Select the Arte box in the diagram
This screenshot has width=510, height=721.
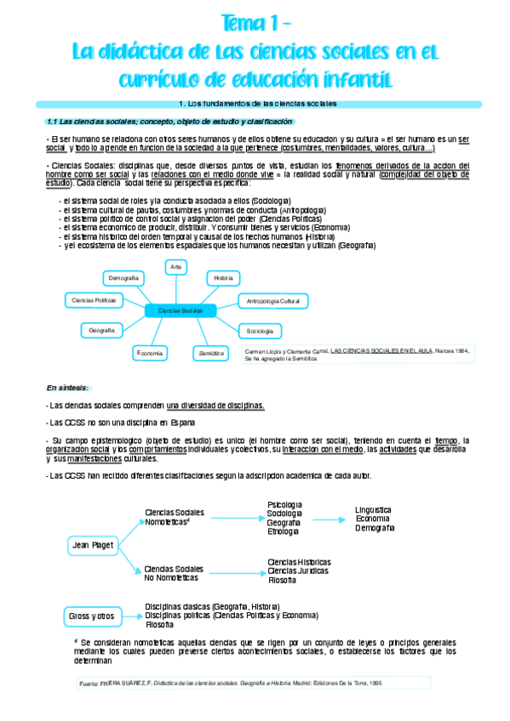[x=175, y=267]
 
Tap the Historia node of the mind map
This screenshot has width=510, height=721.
[x=224, y=278]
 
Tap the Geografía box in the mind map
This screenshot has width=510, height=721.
[x=101, y=330]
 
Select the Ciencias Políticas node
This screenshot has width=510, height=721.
[x=94, y=300]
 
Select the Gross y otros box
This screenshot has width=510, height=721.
[x=91, y=616]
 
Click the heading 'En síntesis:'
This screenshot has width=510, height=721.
[x=68, y=387]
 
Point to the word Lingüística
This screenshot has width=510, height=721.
[x=375, y=510]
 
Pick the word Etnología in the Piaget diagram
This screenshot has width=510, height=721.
[x=284, y=533]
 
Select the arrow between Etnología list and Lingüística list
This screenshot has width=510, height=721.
[x=329, y=519]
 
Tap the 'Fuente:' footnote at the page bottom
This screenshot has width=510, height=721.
[x=88, y=683]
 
